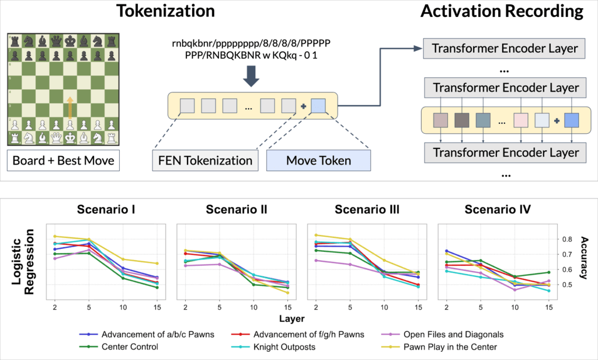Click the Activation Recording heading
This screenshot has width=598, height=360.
[x=502, y=11]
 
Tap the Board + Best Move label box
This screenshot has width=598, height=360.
[x=62, y=160]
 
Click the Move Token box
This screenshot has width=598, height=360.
[x=318, y=160]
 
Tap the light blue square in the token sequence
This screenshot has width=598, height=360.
[x=319, y=106]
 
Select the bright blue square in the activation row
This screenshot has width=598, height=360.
[x=572, y=121]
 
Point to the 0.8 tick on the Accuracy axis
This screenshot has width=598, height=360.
[x=566, y=239]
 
